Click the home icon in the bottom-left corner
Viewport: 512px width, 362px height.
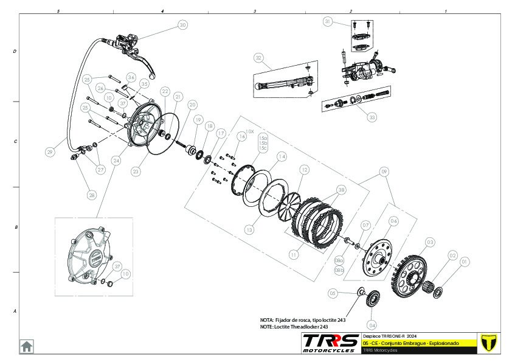click(27, 346)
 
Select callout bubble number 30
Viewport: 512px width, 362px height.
click(182, 26)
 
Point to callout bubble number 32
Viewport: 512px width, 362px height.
click(258, 58)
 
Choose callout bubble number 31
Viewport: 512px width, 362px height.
click(328, 22)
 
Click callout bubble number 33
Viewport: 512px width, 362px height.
click(373, 117)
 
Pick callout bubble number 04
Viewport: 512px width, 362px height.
click(372, 324)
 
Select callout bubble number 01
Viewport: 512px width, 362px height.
click(465, 262)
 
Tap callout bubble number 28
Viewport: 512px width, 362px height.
click(91, 195)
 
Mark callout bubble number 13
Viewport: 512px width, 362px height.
click(249, 230)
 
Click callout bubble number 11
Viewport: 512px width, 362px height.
click(293, 254)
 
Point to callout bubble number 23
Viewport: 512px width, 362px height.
click(136, 172)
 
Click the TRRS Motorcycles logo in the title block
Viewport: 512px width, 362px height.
click(330, 342)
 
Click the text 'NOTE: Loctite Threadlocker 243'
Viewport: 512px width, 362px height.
click(298, 327)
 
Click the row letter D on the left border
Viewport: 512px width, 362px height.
click(15, 52)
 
